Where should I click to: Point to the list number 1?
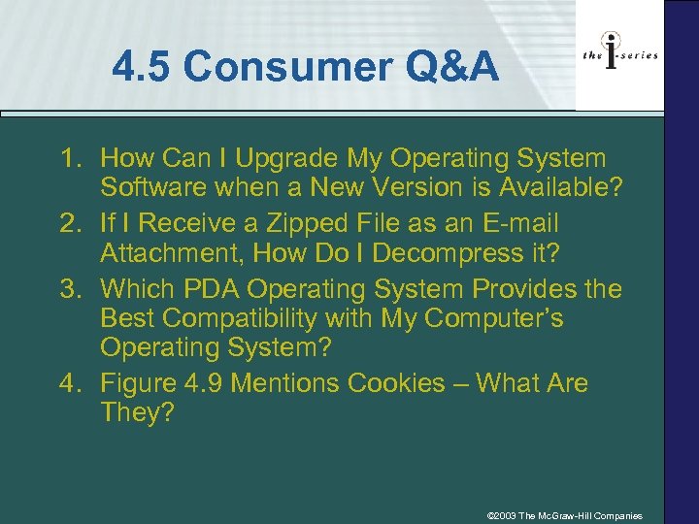(69, 158)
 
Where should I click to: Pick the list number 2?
(69, 223)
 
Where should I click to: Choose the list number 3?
(69, 288)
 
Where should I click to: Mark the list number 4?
(69, 383)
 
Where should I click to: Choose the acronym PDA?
(216, 288)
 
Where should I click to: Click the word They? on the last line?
(136, 414)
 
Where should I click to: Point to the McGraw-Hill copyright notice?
(564, 515)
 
